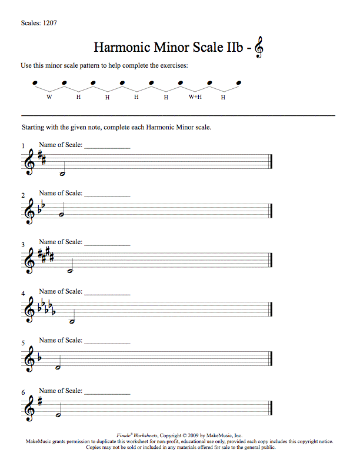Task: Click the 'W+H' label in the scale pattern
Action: coord(195,96)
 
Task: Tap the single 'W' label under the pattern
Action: coord(49,96)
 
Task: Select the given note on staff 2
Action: coord(61,215)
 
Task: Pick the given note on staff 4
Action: coord(72,321)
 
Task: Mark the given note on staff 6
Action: coord(58,415)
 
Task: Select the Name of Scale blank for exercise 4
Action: coord(107,293)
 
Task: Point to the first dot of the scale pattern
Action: coord(35,83)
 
